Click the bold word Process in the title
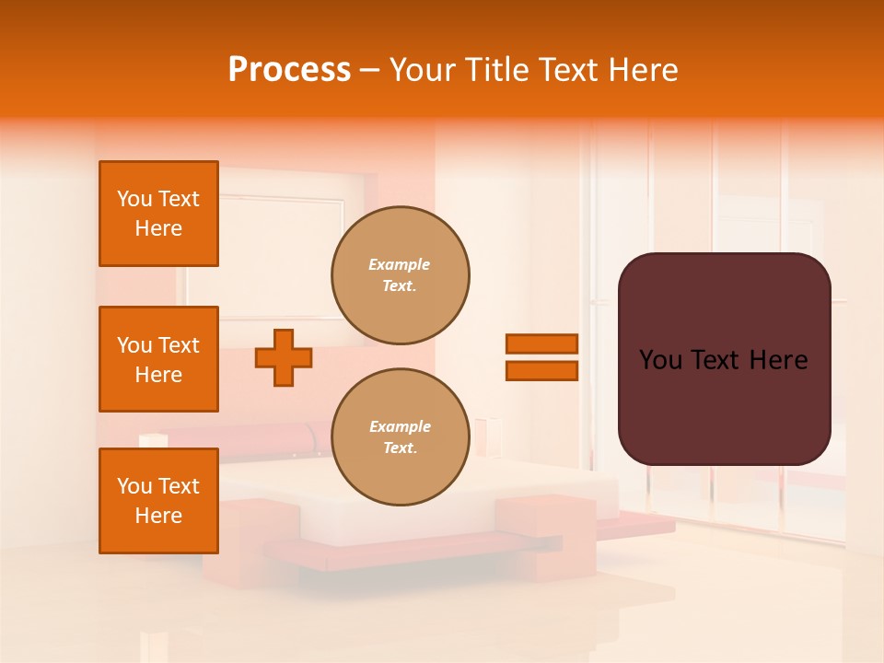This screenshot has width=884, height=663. click(289, 70)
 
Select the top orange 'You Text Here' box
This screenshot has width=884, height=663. click(158, 214)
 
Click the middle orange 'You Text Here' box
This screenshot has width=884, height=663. click(158, 359)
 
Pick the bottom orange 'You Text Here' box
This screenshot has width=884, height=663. click(158, 501)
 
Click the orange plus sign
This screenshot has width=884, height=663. click(284, 357)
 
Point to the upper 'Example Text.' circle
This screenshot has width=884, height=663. click(401, 275)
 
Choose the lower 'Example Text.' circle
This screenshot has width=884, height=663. click(401, 437)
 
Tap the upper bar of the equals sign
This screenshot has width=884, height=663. click(541, 344)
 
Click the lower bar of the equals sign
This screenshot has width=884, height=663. click(541, 371)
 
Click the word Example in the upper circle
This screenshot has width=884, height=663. click(400, 264)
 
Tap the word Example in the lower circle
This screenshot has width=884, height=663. click(400, 426)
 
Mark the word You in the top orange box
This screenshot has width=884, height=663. click(134, 199)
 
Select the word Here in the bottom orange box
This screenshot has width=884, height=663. click(158, 516)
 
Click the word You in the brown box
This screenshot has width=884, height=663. click(659, 360)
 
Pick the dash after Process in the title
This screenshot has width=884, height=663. click(370, 70)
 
